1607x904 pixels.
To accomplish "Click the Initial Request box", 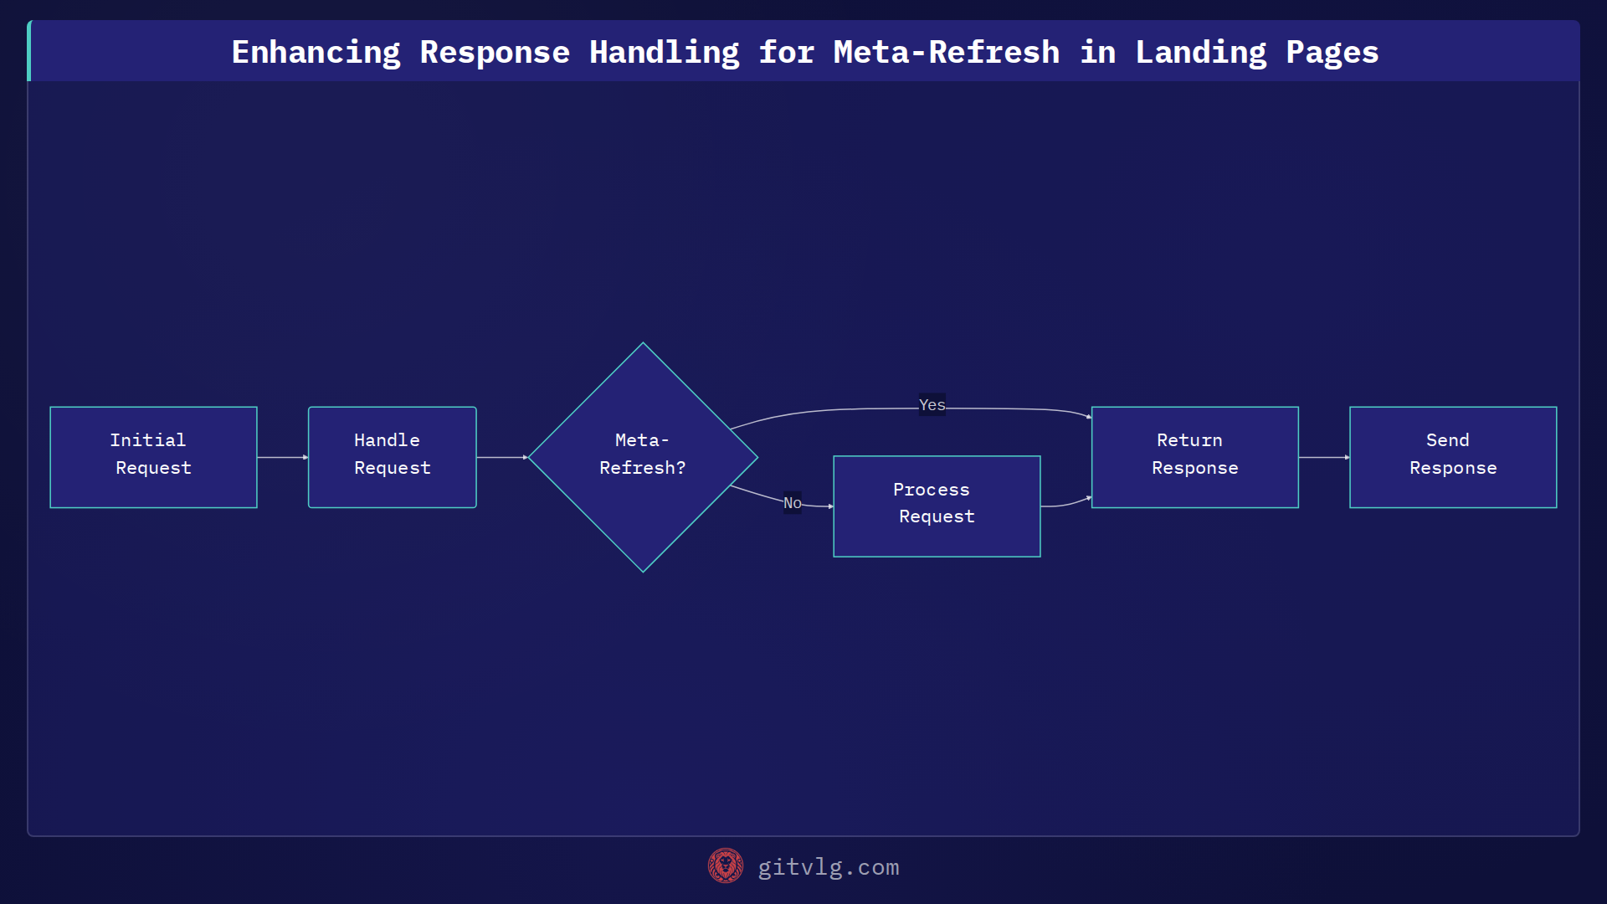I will coord(153,457).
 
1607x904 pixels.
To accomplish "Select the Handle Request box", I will coord(392,457).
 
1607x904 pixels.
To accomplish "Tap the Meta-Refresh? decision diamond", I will coord(643,457).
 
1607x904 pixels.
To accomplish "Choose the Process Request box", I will coord(937,506).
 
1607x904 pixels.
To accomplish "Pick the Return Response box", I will coord(1194,457).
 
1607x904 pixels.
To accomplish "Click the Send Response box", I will coord(1453,457).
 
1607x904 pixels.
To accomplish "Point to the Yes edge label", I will coord(932,405).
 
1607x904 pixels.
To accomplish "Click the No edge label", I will coord(792,503).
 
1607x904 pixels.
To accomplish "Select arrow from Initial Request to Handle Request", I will coord(282,457).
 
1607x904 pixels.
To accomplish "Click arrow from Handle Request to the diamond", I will coord(501,457).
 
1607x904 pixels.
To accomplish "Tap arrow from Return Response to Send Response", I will coord(1323,457).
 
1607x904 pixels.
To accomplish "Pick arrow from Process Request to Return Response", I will coord(1065,504).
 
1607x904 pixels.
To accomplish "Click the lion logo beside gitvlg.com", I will coord(725,866).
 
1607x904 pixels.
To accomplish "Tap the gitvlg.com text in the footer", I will coord(828,867).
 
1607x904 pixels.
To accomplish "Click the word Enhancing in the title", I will coord(316,52).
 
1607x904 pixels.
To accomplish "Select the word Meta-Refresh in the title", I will coord(946,52).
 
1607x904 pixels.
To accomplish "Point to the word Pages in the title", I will coord(1332,52).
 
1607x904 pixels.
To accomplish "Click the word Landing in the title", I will coord(1200,52).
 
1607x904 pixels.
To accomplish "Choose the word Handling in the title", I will coord(664,52).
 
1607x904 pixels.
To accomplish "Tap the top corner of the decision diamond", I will coord(643,345).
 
